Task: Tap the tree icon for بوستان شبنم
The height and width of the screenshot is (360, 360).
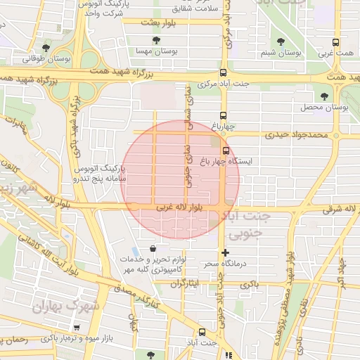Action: (x=282, y=41)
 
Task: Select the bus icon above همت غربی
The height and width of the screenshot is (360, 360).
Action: (x=335, y=42)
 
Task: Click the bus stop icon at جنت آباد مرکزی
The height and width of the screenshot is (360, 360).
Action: (x=223, y=72)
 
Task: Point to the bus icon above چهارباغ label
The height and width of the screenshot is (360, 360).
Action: (x=223, y=116)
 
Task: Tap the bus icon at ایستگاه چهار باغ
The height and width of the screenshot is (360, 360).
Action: (x=226, y=150)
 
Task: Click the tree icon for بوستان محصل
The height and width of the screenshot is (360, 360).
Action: (x=323, y=96)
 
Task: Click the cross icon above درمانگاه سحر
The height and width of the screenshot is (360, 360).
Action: (x=225, y=252)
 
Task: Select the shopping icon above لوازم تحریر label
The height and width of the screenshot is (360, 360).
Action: (x=153, y=247)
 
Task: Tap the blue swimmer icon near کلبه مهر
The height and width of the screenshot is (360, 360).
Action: (x=134, y=251)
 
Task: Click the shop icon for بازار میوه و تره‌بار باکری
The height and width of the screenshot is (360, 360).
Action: (x=77, y=328)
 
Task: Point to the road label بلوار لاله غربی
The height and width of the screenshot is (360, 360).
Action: (x=176, y=209)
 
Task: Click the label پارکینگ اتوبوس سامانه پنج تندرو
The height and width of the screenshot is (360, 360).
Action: (x=99, y=174)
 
